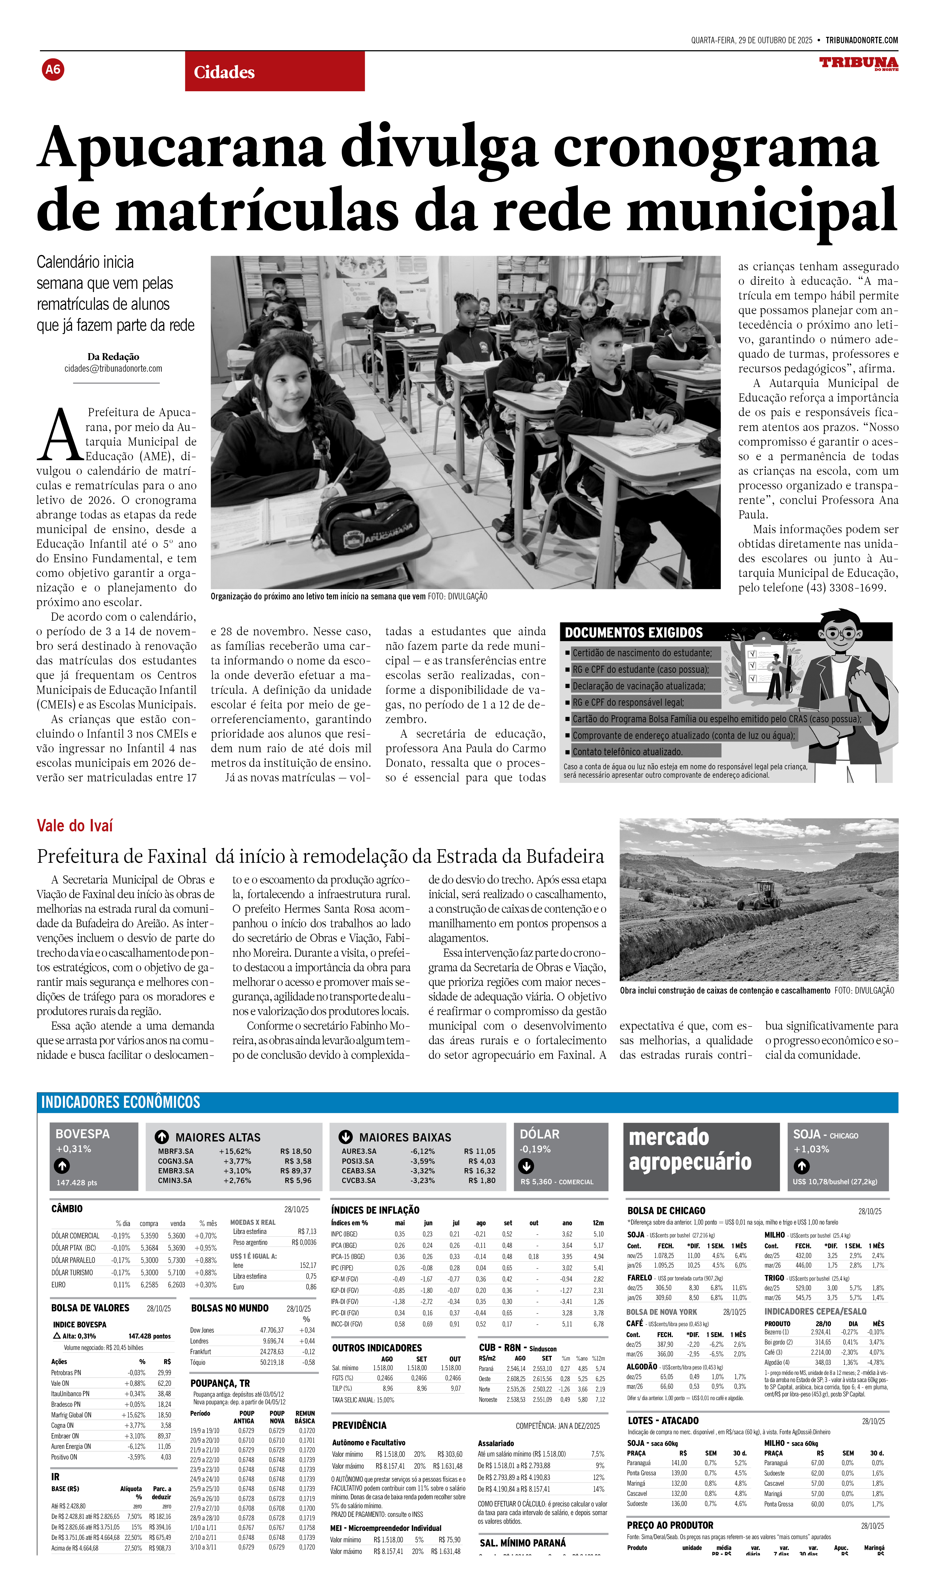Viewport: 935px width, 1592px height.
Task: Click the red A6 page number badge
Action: (53, 69)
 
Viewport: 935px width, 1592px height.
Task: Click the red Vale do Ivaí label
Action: (74, 826)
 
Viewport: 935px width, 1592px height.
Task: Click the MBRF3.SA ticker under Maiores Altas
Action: (176, 1151)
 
